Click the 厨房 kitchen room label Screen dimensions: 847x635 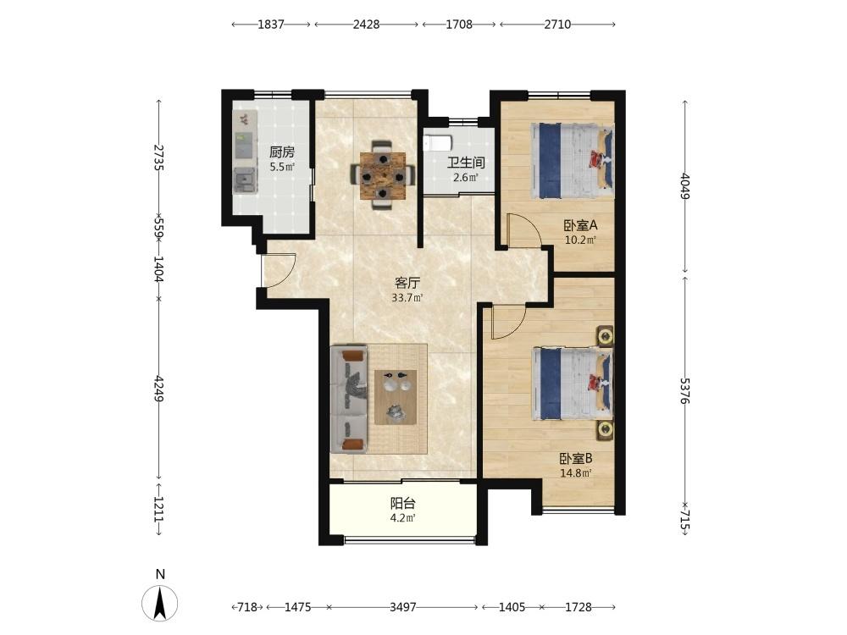282,152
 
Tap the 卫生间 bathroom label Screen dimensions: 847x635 466,163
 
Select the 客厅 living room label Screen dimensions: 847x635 407,283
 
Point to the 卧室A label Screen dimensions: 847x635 581,225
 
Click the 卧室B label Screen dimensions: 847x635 576,459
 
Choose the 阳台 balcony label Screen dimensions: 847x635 403,504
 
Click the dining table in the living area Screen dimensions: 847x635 383,175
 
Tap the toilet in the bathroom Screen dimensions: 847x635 437,144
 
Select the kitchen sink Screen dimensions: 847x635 245,179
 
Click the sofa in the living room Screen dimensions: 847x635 349,400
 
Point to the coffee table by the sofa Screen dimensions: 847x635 396,397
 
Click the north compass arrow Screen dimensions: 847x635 160,603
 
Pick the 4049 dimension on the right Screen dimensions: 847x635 685,185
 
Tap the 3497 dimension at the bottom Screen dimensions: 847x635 403,607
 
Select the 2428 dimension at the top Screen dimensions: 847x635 366,25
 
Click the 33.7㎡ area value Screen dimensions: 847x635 407,297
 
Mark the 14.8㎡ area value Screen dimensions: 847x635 576,473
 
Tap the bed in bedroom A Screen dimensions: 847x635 573,161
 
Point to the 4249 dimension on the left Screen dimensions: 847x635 158,389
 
